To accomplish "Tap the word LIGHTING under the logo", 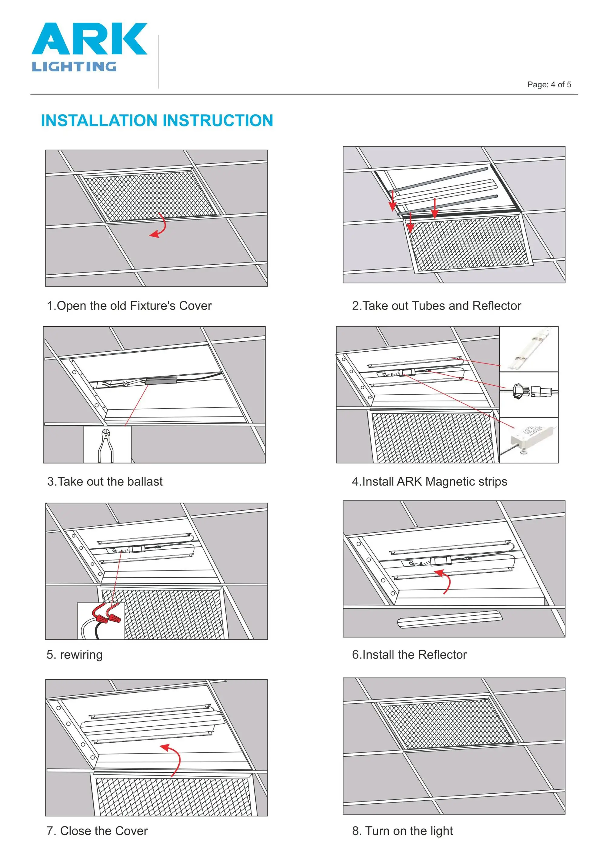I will pyautogui.click(x=74, y=67).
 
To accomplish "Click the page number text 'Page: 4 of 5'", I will pyautogui.click(x=549, y=85).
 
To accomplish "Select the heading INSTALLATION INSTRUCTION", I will pyautogui.click(x=157, y=121).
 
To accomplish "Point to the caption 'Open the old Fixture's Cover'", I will pyautogui.click(x=134, y=306).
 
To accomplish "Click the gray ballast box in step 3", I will pyautogui.click(x=161, y=381).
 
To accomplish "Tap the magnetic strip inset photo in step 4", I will pyautogui.click(x=529, y=349).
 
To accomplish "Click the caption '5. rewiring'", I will pyautogui.click(x=75, y=655).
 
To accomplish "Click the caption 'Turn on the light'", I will pyautogui.click(x=409, y=831).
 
